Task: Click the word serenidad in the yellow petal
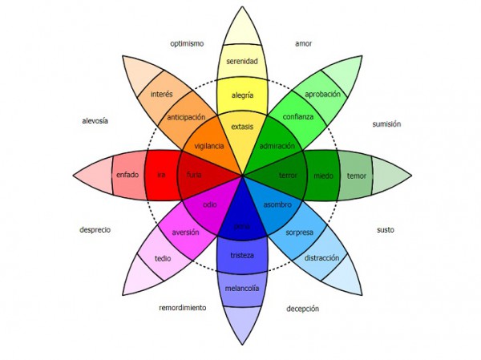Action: point(241,61)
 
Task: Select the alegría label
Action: point(242,95)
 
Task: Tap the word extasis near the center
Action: point(242,127)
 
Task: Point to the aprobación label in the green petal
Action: point(323,94)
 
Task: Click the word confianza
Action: point(297,117)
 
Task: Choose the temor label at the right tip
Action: point(357,175)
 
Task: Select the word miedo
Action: point(323,175)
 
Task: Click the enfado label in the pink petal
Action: point(127,175)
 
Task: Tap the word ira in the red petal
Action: point(160,175)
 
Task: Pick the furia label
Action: point(194,175)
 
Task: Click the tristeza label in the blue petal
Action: point(242,255)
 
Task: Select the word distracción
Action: point(321,258)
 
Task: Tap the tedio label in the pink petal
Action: point(163,258)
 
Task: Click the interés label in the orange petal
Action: point(162,94)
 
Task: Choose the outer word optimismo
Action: point(187,43)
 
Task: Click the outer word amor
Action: point(303,43)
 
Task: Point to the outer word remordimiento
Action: point(182,307)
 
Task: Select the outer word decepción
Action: point(303,308)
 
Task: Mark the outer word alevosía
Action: point(95,121)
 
